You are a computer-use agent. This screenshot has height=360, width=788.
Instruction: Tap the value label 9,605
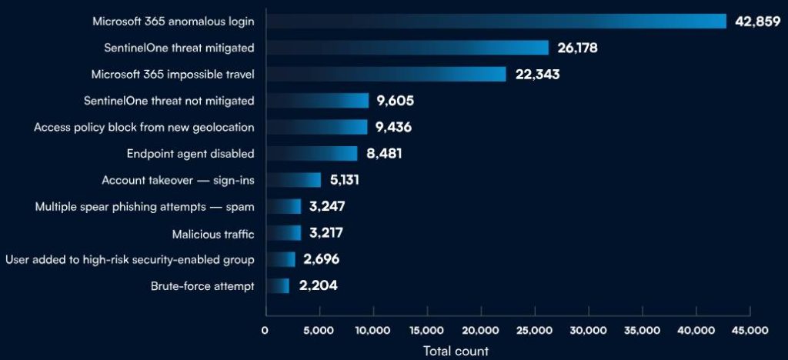coord(396,101)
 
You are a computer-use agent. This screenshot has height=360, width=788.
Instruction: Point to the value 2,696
coord(321,259)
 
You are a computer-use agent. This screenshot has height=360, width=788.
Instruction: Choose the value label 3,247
coord(326,207)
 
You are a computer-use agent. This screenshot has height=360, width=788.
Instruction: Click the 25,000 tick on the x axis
coord(535,330)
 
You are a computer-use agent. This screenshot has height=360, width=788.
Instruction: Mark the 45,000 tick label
coord(750,330)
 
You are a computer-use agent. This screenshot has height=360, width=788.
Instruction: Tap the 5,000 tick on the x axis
coord(319,330)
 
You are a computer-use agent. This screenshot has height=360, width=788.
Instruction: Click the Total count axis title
coord(455,351)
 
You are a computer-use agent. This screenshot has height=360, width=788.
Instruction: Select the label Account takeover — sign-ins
coord(178,180)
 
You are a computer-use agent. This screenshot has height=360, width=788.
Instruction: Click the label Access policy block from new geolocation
coord(144,127)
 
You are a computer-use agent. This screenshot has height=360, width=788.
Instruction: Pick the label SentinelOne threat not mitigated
coord(169,101)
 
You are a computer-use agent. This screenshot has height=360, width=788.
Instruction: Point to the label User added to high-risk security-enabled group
coord(130,259)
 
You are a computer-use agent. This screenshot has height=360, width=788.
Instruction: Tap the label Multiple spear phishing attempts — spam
coord(145,207)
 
